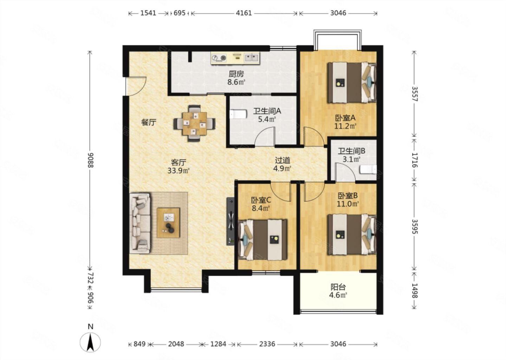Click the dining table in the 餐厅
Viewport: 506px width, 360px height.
pyautogui.click(x=195, y=123)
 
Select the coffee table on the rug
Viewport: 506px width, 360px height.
pyautogui.click(x=169, y=223)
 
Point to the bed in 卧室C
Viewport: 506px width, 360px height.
pyautogui.click(x=263, y=239)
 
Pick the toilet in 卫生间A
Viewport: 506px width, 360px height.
pyautogui.click(x=238, y=114)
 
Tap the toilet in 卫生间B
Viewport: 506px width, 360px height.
pyautogui.click(x=368, y=169)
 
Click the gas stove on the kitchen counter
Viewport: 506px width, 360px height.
pyautogui.click(x=219, y=58)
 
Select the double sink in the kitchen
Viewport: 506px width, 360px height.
pyautogui.click(x=252, y=58)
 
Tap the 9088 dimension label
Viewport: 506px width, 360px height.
pyautogui.click(x=90, y=160)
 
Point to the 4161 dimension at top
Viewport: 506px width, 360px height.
pyautogui.click(x=244, y=13)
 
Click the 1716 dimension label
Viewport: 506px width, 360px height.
pyautogui.click(x=415, y=160)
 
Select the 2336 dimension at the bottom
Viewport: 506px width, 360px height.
pyautogui.click(x=267, y=344)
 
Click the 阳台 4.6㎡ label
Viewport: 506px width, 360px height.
pyautogui.click(x=338, y=291)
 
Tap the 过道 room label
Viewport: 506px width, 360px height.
pyautogui.click(x=283, y=160)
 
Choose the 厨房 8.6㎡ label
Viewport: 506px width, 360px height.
pyautogui.click(x=236, y=78)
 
